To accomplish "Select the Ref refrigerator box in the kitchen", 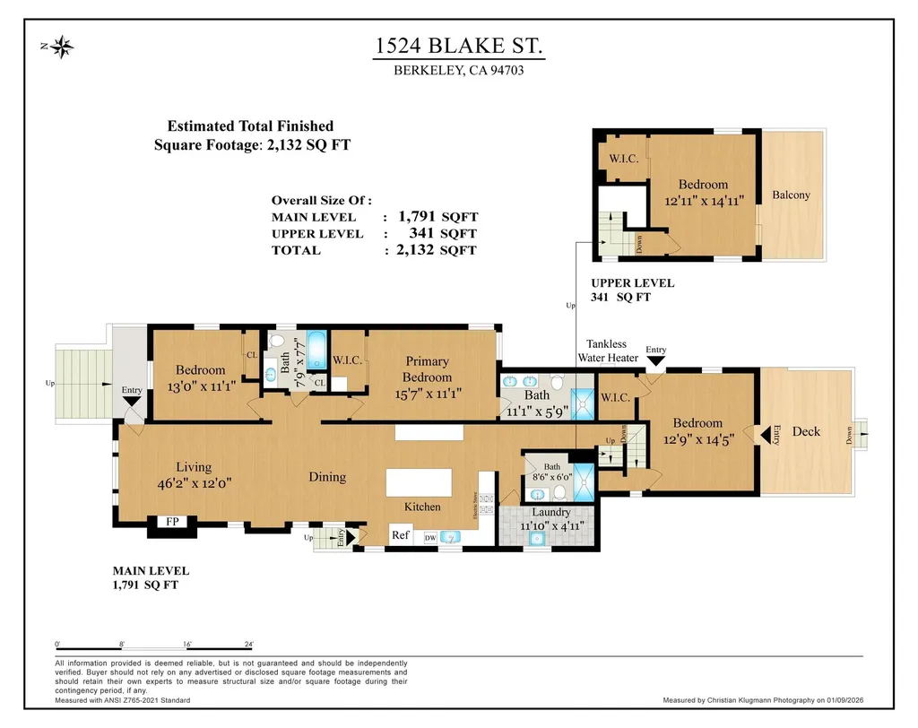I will [x=400, y=535].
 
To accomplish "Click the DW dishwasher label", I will [x=429, y=537].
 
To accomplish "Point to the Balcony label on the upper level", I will [x=791, y=195].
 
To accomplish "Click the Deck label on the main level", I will [x=806, y=431].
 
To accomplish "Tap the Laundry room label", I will [x=550, y=512].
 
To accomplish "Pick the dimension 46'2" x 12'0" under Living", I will [x=194, y=481].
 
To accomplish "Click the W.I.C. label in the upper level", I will [x=623, y=159].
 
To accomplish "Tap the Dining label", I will [x=327, y=477].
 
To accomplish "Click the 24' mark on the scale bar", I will [x=248, y=644].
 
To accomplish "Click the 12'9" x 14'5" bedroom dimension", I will [x=697, y=439].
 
